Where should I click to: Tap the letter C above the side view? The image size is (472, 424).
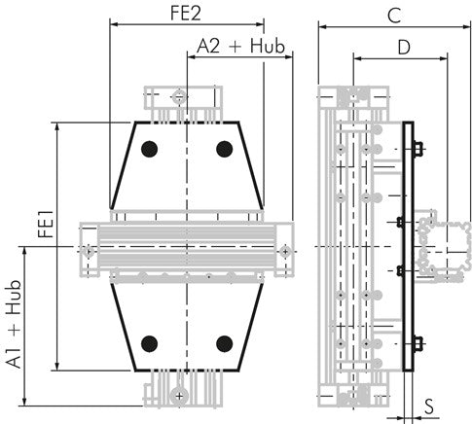click(x=393, y=14)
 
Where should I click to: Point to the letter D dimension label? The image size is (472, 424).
click(x=401, y=46)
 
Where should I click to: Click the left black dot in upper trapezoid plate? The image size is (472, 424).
click(x=149, y=149)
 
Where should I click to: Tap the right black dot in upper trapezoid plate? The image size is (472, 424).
click(x=225, y=149)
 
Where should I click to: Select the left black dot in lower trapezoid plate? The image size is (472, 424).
click(x=149, y=342)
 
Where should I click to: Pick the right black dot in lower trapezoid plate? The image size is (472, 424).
click(x=225, y=342)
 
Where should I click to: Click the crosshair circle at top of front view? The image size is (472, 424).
click(x=178, y=95)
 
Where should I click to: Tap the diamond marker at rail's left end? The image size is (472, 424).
click(x=88, y=251)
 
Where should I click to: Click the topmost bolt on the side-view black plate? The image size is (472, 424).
click(x=418, y=149)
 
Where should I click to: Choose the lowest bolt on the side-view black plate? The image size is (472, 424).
click(x=418, y=342)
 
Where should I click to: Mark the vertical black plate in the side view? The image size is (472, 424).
click(x=409, y=247)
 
